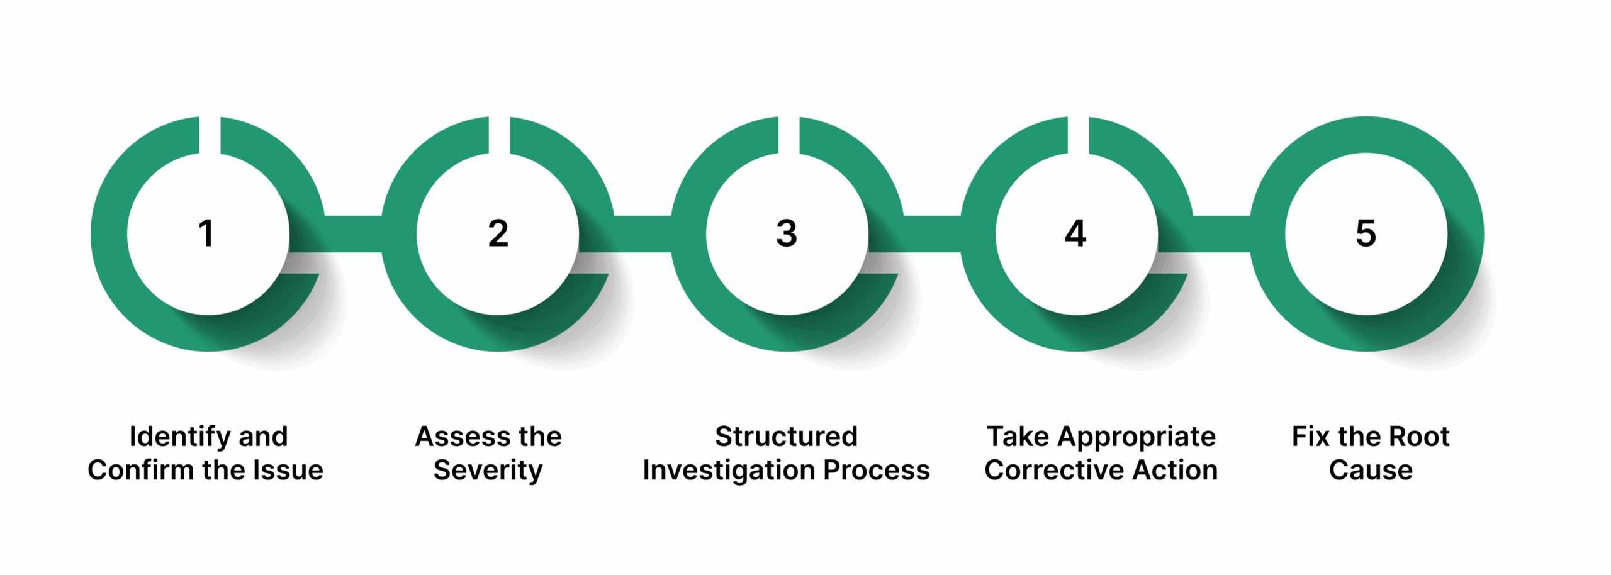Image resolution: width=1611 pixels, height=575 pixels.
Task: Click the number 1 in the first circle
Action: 206,233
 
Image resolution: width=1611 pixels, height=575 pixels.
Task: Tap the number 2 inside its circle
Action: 498,233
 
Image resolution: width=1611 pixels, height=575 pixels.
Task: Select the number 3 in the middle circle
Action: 787,233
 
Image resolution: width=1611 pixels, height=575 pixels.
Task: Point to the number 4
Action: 1075,233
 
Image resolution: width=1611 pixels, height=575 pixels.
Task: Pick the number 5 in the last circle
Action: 1366,233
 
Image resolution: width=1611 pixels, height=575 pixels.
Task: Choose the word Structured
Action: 786,437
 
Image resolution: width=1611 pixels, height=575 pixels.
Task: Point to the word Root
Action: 1419,437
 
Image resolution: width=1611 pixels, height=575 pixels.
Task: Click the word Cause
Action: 1371,470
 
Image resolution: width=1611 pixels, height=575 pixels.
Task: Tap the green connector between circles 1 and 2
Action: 353,234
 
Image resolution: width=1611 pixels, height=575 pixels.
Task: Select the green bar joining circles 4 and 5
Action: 1221,234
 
